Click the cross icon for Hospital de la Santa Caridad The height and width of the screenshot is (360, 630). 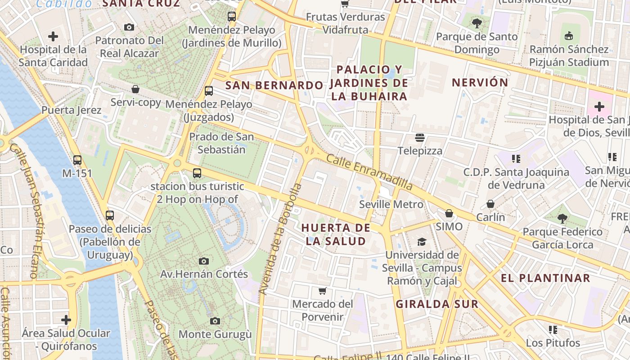click(53, 36)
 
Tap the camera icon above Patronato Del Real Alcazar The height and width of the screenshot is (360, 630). click(129, 27)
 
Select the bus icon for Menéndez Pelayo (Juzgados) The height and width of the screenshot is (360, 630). click(208, 91)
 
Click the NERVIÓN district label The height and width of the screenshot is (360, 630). click(480, 83)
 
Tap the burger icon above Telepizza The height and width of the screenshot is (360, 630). click(420, 137)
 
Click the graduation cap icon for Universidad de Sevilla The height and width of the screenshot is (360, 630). click(422, 242)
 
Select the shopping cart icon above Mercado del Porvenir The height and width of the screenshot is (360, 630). click(322, 291)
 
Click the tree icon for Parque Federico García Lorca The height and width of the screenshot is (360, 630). click(562, 219)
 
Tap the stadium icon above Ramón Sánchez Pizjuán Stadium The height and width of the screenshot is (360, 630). click(569, 36)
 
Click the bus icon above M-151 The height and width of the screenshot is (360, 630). click(77, 160)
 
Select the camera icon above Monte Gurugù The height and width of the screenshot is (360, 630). click(215, 321)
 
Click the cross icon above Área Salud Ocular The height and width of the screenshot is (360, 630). click(66, 320)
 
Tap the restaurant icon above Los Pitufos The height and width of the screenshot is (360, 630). click(553, 329)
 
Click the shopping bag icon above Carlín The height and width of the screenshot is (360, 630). click(490, 204)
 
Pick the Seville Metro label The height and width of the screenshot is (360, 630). click(391, 204)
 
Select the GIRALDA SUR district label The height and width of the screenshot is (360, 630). click(436, 304)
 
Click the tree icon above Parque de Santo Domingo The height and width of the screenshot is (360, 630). click(477, 23)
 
